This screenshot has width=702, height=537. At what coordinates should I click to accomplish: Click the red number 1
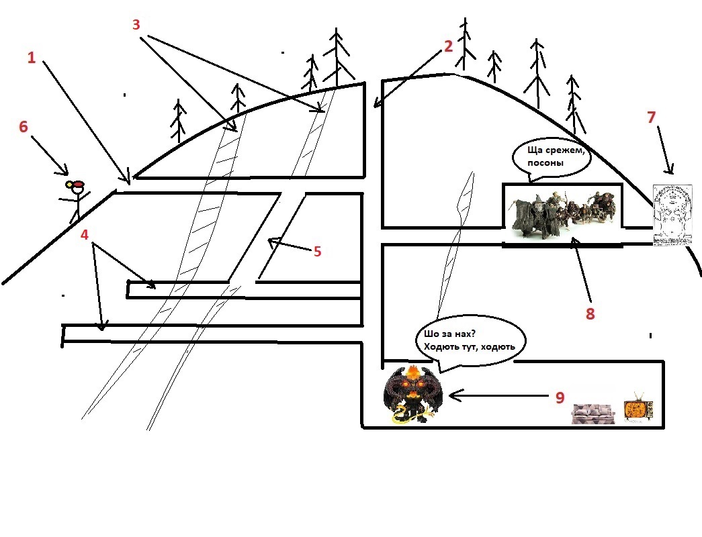pos(32,58)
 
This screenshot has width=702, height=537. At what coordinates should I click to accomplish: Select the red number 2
pos(448,46)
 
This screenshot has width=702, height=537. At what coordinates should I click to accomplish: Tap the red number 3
pos(136,25)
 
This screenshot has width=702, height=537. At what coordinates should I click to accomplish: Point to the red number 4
pos(85,234)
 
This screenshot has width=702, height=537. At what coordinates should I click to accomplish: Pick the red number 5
pos(318,252)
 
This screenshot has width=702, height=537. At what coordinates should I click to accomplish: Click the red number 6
pos(24,127)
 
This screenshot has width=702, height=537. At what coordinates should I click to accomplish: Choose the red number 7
pos(652,117)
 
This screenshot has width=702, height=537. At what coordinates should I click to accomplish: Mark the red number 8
pos(590,313)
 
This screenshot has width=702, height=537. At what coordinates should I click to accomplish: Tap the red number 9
pos(560,397)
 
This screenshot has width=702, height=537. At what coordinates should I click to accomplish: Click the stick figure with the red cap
pos(77,201)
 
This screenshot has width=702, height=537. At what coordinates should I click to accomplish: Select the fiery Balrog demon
pos(412,394)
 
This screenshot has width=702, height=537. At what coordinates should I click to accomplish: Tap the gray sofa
pos(593,413)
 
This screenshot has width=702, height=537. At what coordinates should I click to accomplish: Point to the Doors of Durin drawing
pos(672,215)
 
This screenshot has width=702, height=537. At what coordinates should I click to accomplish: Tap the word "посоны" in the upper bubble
pos(545,163)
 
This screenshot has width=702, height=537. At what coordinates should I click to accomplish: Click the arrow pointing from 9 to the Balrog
pos(498,395)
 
